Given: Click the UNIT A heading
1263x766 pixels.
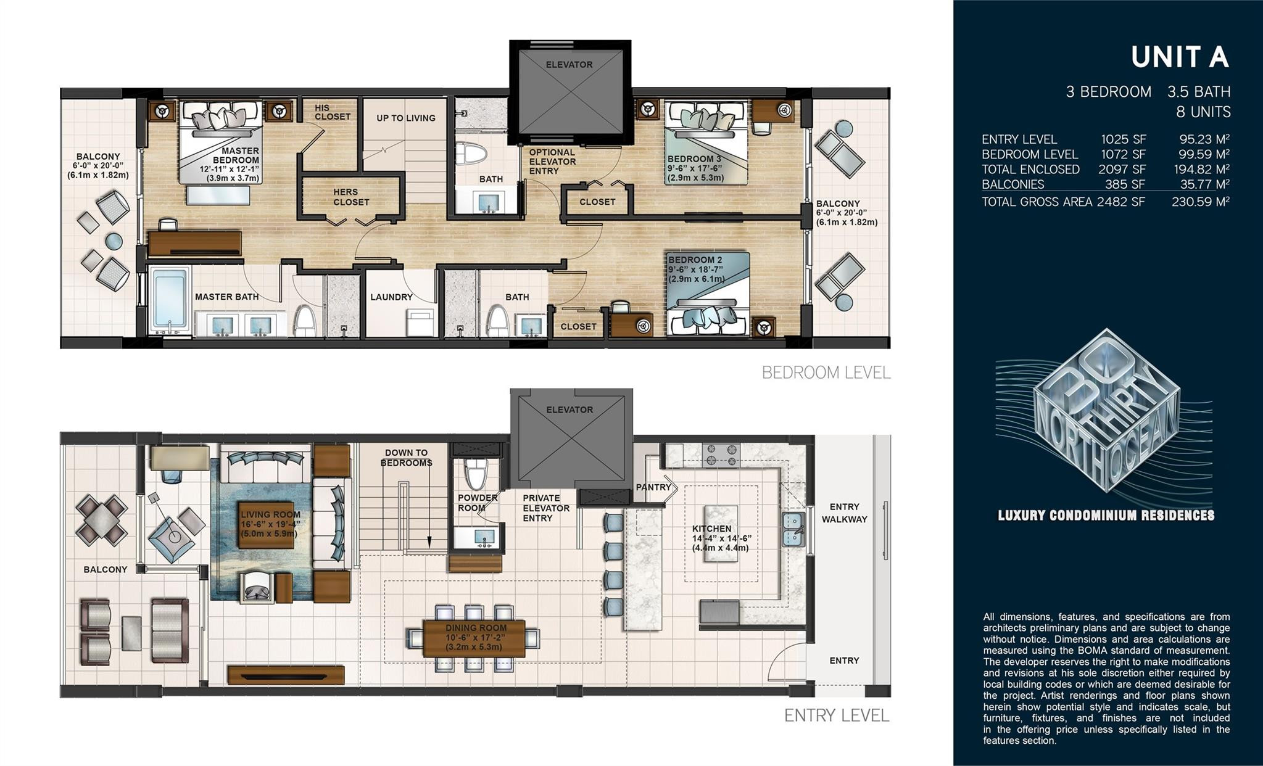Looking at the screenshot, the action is (1180, 57).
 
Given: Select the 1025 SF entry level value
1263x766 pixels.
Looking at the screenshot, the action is (1124, 139).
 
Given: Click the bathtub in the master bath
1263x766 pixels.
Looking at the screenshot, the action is (170, 301).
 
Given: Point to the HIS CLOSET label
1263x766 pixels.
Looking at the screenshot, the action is (333, 112).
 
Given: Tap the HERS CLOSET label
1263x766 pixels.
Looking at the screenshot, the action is (351, 197).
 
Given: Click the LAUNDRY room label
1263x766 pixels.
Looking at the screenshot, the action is (391, 297).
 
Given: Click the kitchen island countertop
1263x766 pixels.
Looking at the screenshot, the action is (721, 533).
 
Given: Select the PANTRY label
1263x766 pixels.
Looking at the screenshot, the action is (653, 487).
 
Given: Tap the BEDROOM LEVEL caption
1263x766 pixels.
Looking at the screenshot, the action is (826, 373).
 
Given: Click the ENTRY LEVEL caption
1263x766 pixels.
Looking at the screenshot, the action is (837, 715).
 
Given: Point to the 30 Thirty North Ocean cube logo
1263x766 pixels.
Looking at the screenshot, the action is (1104, 410).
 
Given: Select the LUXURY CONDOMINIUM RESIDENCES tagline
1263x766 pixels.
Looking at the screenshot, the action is (1106, 516).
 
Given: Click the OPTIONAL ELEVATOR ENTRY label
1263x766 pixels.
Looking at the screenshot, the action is (552, 162).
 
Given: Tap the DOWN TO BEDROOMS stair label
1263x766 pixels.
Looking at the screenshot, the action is (406, 458).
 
